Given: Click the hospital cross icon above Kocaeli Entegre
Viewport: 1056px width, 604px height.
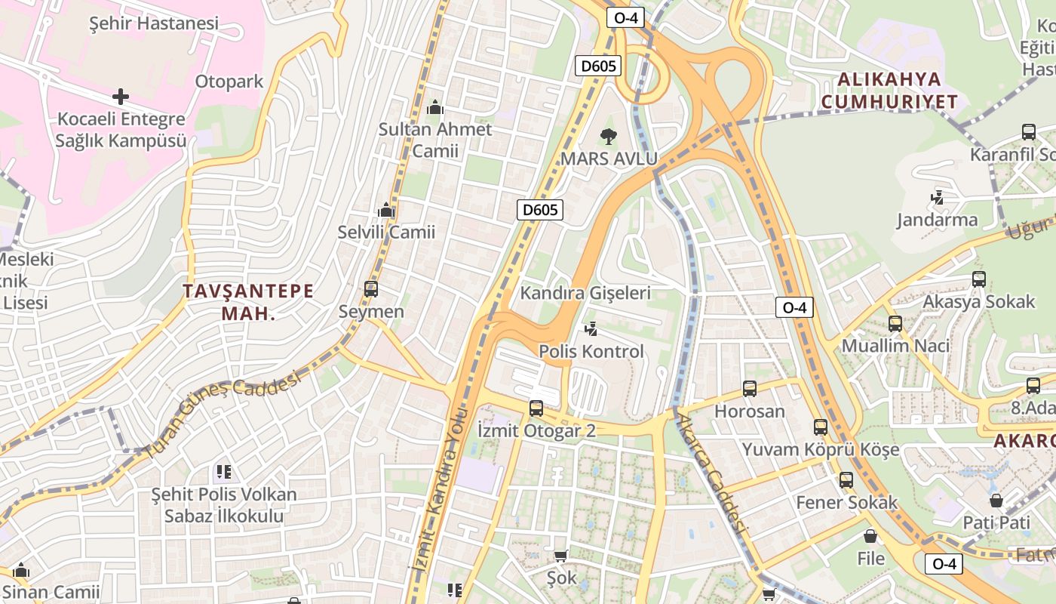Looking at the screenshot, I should pyautogui.click(x=120, y=97).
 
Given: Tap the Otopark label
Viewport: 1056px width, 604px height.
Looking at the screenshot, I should pyautogui.click(x=229, y=82).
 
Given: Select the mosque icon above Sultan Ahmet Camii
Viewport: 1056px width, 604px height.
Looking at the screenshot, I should pyautogui.click(x=435, y=109).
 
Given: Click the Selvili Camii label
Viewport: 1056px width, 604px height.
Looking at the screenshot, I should pyautogui.click(x=386, y=232).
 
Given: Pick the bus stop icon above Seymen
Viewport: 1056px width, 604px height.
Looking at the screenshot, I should pyautogui.click(x=370, y=288).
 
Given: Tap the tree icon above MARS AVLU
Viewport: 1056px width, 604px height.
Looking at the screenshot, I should pyautogui.click(x=608, y=137).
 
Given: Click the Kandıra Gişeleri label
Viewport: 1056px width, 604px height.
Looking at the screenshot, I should pyautogui.click(x=585, y=293).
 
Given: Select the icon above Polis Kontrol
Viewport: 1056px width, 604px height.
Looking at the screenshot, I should pyautogui.click(x=591, y=329).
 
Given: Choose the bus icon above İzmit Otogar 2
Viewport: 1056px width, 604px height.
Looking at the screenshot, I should pyautogui.click(x=536, y=408).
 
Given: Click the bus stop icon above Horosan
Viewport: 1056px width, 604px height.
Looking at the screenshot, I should pyautogui.click(x=749, y=389).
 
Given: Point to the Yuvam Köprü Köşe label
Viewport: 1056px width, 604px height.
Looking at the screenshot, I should pyautogui.click(x=821, y=450).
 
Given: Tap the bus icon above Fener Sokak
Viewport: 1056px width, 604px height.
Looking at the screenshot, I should pyautogui.click(x=846, y=480).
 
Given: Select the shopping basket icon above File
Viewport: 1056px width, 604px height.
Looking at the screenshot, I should pyautogui.click(x=870, y=537).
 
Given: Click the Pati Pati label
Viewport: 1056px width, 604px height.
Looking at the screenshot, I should pyautogui.click(x=996, y=522).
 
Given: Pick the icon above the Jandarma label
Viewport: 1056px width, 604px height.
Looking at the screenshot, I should pyautogui.click(x=938, y=198).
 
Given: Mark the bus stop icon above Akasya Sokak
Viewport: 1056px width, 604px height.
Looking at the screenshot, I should pyautogui.click(x=979, y=279).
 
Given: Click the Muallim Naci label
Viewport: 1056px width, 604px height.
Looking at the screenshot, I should pyautogui.click(x=895, y=346).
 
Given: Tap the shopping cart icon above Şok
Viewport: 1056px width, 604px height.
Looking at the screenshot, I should pyautogui.click(x=560, y=556).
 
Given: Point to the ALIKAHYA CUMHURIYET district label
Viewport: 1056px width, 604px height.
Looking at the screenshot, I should pyautogui.click(x=889, y=91).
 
